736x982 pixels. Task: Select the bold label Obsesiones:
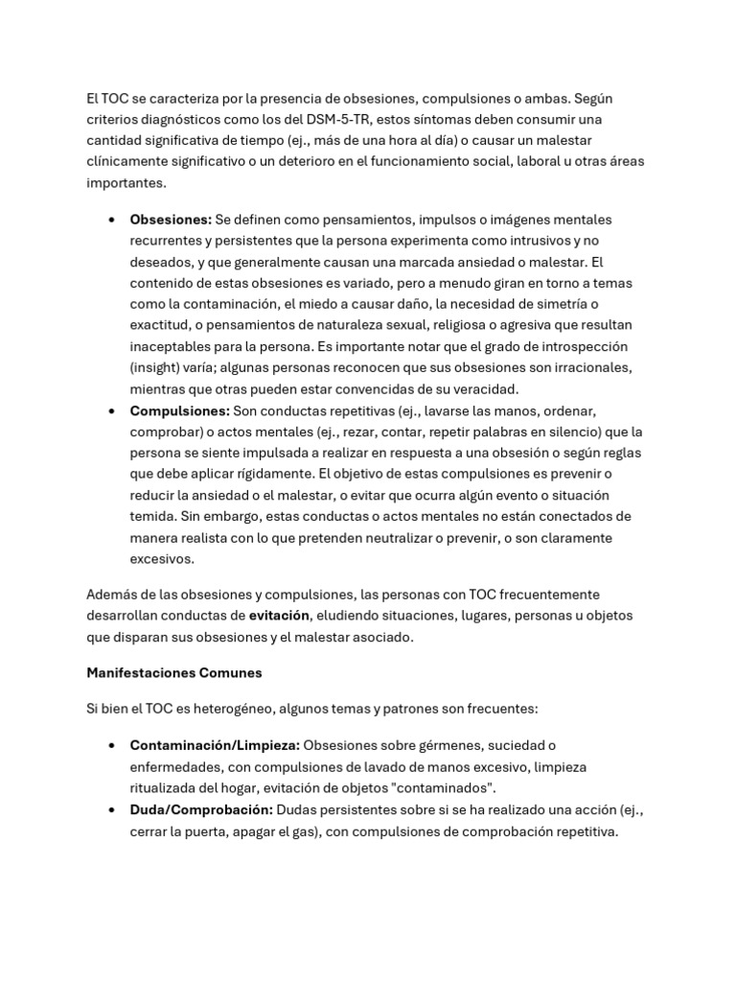pyautogui.click(x=171, y=220)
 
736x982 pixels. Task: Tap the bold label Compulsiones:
pyautogui.click(x=179, y=410)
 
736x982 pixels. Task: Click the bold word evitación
pyautogui.click(x=280, y=615)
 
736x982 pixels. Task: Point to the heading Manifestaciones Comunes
pyautogui.click(x=174, y=673)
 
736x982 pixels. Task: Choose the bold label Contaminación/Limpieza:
pyautogui.click(x=215, y=745)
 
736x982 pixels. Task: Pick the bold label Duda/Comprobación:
pyautogui.click(x=201, y=810)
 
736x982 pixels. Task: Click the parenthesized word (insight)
pyautogui.click(x=160, y=367)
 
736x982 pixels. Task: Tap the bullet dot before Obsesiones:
pyautogui.click(x=113, y=221)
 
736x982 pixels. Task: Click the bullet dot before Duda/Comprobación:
pyautogui.click(x=113, y=811)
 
